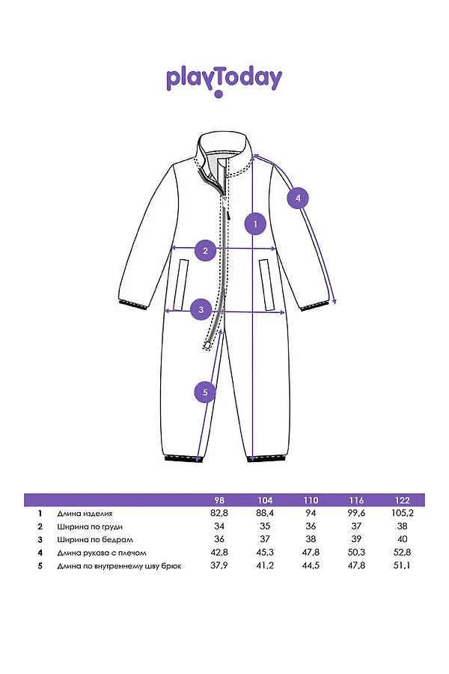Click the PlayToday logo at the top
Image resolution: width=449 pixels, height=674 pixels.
[x=224, y=81]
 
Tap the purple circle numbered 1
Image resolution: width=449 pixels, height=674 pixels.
[x=256, y=224]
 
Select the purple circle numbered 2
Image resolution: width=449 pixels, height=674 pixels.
[x=205, y=251]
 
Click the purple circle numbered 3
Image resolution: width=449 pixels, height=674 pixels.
[x=201, y=309]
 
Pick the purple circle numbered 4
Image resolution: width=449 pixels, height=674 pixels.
[x=298, y=198]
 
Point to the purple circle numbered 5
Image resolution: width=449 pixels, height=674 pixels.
[x=205, y=392]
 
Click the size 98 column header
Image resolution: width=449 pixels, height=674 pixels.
[x=219, y=500]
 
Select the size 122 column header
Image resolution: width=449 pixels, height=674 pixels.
[x=402, y=500]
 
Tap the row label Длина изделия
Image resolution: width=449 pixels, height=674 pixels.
[x=85, y=514]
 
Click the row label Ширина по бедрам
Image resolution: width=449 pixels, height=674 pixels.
[x=95, y=539]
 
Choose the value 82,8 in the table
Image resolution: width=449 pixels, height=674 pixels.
[x=219, y=513]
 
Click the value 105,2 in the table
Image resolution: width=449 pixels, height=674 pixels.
[x=402, y=513]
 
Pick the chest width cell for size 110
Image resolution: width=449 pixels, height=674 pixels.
[x=311, y=526]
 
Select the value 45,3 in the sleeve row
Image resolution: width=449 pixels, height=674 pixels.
[x=265, y=553]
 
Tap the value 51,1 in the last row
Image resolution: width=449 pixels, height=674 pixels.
[x=402, y=565]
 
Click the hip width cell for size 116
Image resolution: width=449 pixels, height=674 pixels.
[x=357, y=539]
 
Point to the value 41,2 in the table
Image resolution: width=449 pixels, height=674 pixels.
[x=265, y=565]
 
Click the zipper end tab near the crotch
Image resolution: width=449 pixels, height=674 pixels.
[x=207, y=344]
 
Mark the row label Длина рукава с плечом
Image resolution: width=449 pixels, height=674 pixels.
[x=102, y=553]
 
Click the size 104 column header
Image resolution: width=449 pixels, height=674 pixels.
[x=265, y=500]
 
